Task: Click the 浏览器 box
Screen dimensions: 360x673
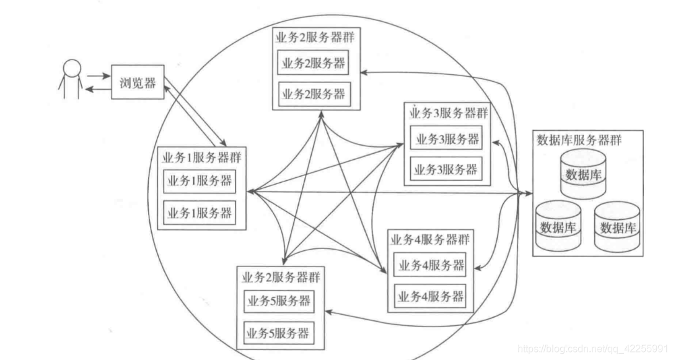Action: point(138,82)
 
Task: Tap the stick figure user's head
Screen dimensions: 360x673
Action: point(73,68)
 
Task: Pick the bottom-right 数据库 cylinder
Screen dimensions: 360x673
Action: point(617,227)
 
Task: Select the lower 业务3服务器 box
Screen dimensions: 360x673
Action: point(447,169)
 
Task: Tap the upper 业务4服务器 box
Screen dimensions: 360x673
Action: point(430,266)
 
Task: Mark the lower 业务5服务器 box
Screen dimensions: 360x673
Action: point(278,333)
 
